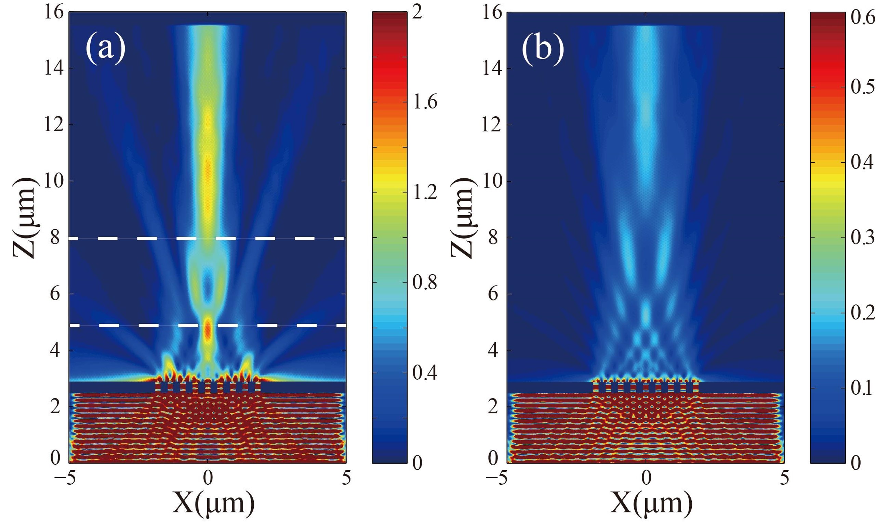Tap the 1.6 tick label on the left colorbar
[425, 102]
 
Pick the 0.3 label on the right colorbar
[863, 238]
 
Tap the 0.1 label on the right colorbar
[863, 389]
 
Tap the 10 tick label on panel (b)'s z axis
[492, 181]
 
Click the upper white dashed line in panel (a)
[148, 239]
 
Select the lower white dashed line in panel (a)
[148, 326]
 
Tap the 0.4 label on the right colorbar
[863, 163]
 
